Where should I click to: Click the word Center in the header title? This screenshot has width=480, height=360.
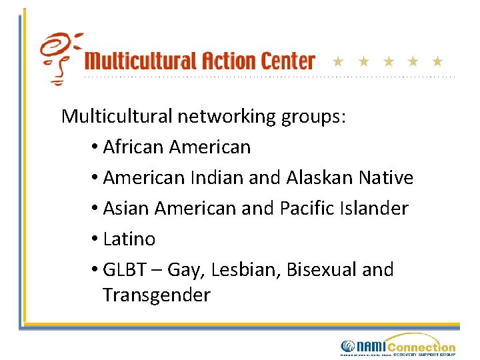coord(284,61)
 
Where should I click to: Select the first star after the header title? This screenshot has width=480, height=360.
coord(338,62)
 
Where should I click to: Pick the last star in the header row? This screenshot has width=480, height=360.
coord(437,62)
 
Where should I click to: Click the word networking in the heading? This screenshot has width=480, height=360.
coord(226,117)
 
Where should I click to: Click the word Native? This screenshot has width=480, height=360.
coord(385,177)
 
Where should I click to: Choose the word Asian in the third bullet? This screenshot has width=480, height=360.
coord(126,208)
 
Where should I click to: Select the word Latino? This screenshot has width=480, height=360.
coord(129,239)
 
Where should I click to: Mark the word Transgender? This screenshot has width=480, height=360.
coord(157,295)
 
